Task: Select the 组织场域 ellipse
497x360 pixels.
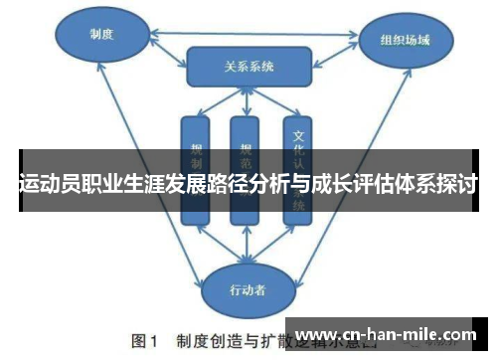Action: [405, 43]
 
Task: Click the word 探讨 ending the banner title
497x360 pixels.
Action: [458, 184]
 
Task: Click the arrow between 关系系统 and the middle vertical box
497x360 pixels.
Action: [246, 101]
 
